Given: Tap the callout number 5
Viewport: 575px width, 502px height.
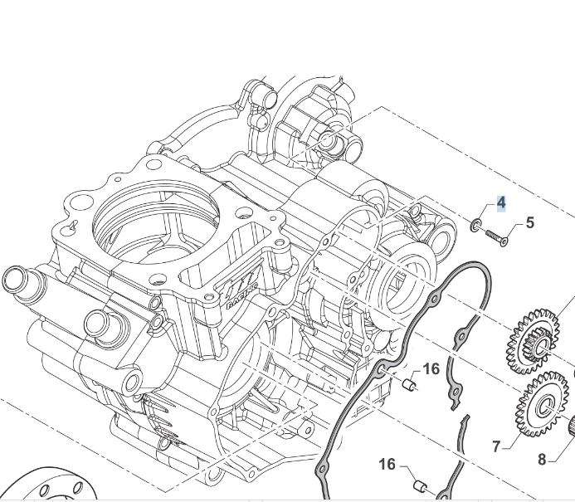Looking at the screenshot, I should tap(529, 222).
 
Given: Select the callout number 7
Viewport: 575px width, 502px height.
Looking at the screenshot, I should tap(496, 446).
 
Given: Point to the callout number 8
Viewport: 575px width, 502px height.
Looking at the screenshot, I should tap(542, 459).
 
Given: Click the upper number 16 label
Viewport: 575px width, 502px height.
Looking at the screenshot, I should tap(431, 369).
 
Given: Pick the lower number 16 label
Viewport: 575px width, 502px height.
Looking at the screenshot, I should tap(387, 465).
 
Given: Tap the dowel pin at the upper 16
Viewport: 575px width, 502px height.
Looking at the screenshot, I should tap(407, 384).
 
